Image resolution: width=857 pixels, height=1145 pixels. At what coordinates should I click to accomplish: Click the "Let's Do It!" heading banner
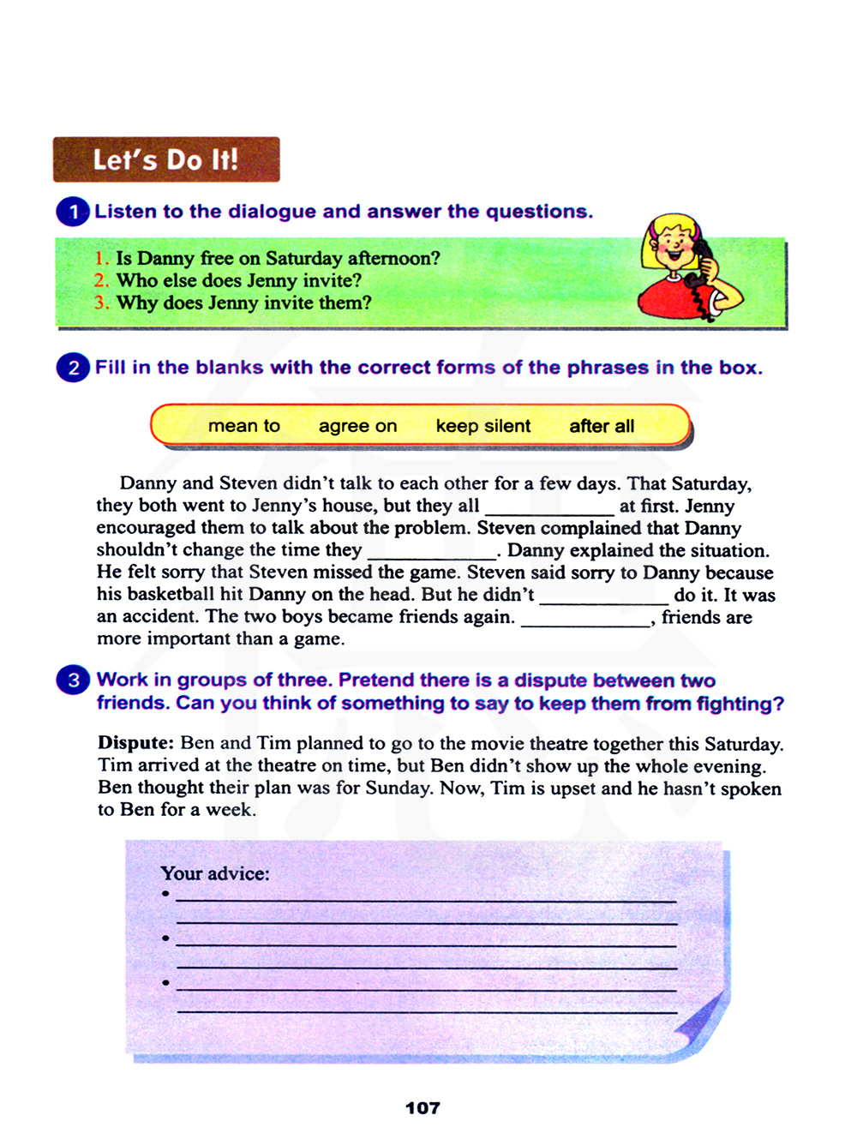[x=166, y=159]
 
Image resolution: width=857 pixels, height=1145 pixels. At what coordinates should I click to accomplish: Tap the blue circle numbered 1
[x=73, y=212]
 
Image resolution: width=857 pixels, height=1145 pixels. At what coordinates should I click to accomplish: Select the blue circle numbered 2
[x=73, y=368]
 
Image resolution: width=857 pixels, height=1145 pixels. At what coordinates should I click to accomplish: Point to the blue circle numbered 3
[x=73, y=680]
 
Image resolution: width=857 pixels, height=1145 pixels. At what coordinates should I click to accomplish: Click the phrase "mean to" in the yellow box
[x=244, y=426]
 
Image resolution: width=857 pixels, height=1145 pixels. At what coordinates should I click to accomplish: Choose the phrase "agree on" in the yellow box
[x=357, y=426]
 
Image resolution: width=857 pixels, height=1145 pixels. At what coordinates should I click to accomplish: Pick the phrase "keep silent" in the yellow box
[x=483, y=426]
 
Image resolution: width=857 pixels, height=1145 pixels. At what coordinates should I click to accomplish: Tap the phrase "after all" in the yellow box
[x=602, y=426]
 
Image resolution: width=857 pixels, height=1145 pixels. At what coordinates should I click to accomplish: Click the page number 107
[x=423, y=1108]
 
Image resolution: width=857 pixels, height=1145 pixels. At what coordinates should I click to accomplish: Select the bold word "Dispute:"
[x=136, y=743]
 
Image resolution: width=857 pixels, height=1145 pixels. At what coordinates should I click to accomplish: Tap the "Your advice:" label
[x=215, y=873]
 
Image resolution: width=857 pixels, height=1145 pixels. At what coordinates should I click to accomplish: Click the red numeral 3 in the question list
[x=101, y=303]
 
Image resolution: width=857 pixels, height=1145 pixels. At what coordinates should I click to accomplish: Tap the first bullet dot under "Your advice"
[x=165, y=894]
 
